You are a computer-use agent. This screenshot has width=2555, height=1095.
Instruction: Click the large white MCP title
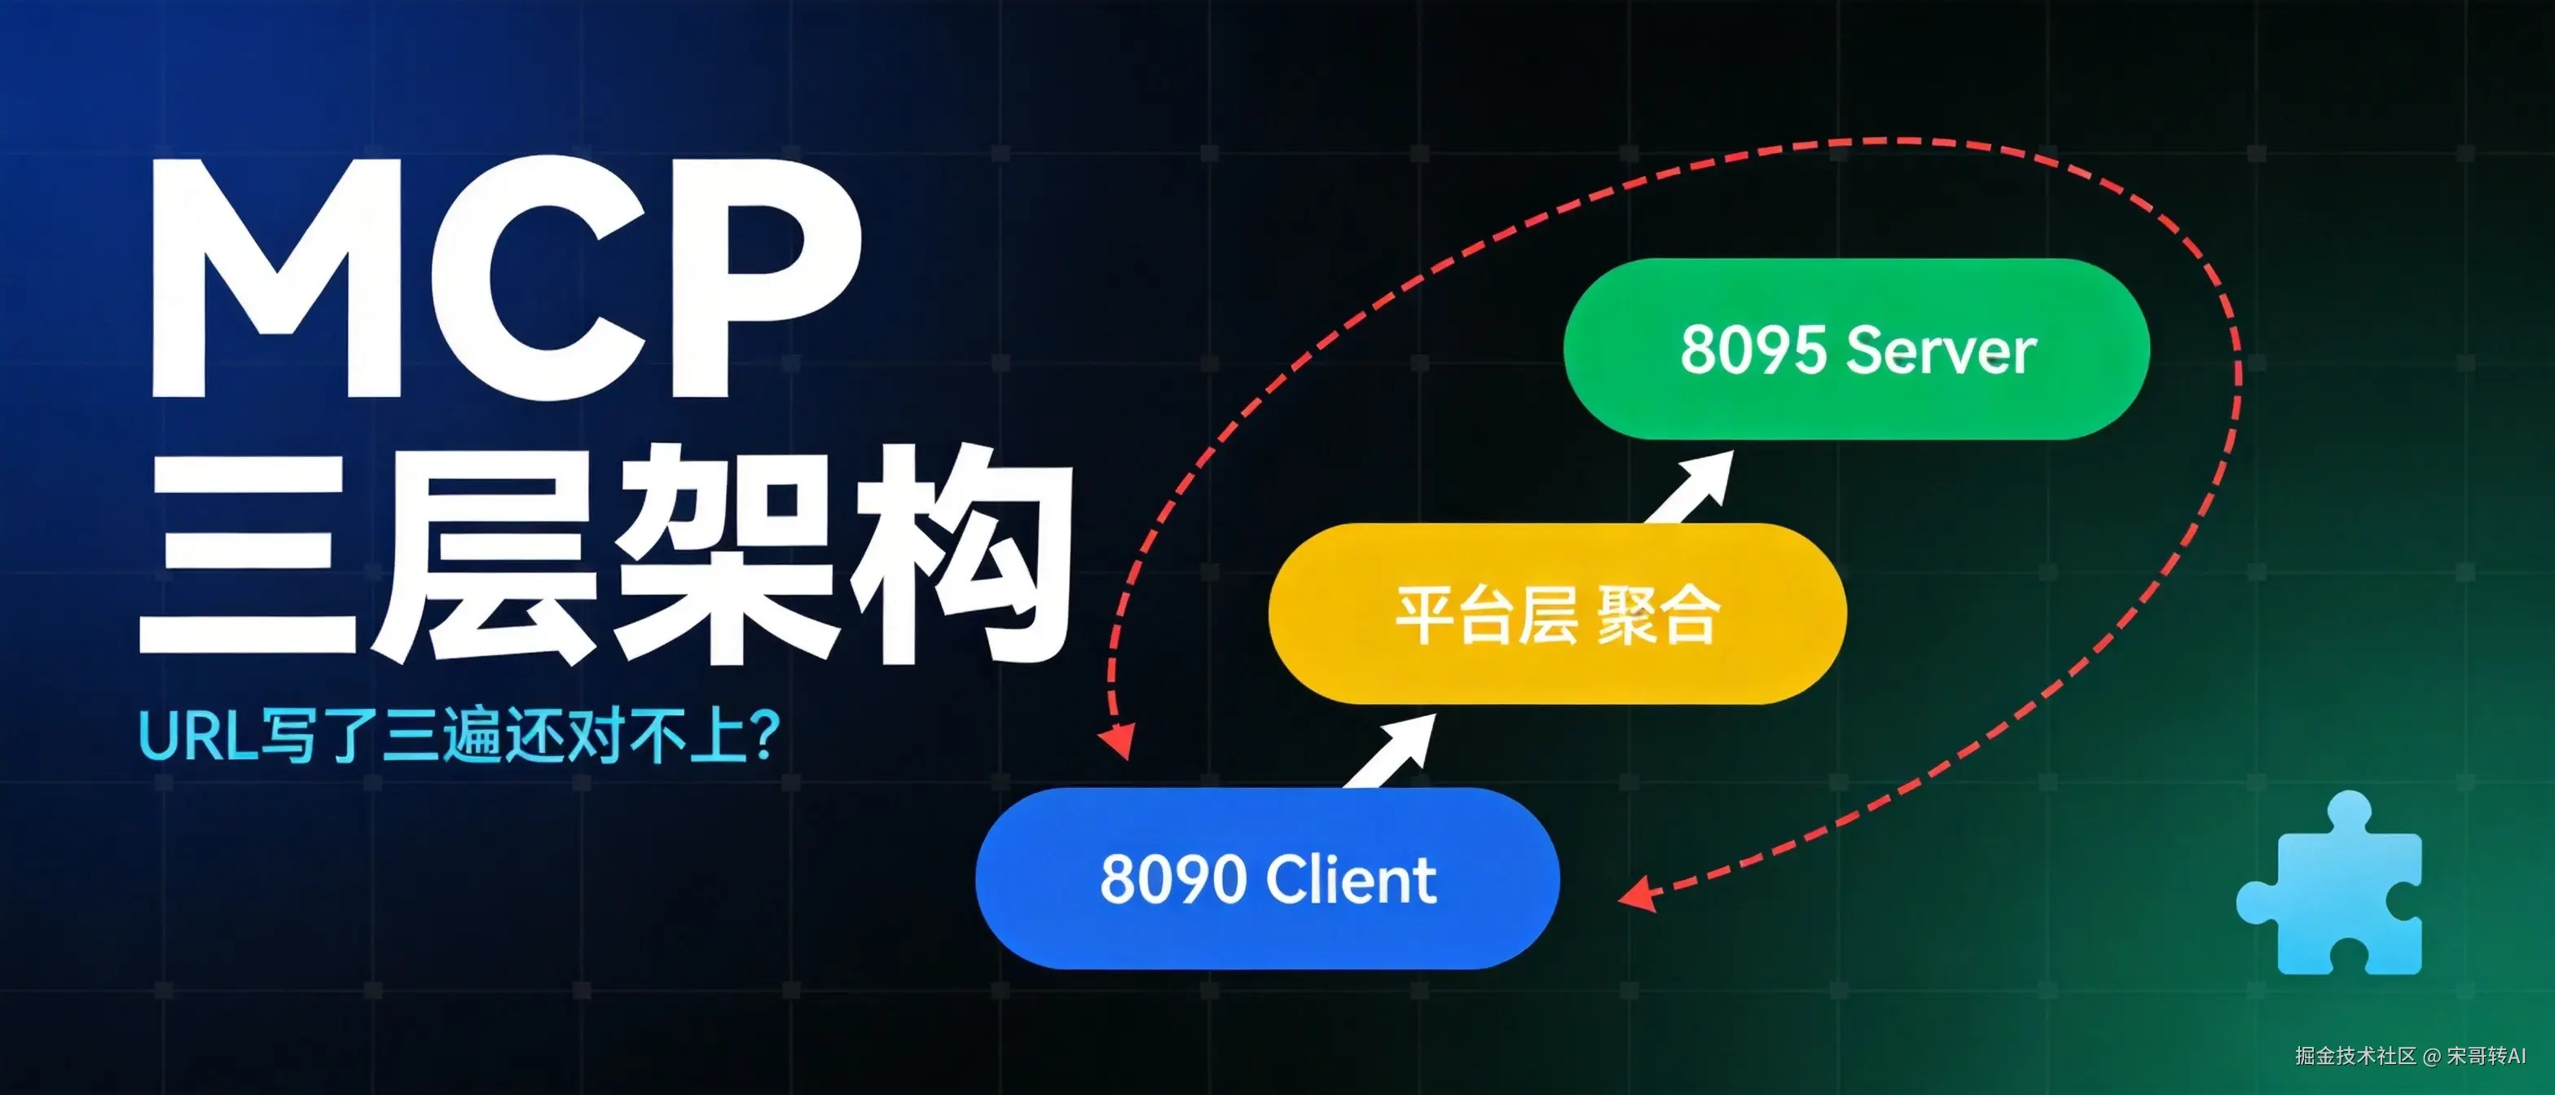pos(506,278)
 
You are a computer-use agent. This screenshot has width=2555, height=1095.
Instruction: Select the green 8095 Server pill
pos(1857,350)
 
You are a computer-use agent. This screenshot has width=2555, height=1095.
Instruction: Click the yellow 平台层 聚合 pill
pos(1557,614)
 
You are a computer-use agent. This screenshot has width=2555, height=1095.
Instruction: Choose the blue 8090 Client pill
pos(1268,877)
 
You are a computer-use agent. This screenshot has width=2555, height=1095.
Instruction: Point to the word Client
pos(1352,879)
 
